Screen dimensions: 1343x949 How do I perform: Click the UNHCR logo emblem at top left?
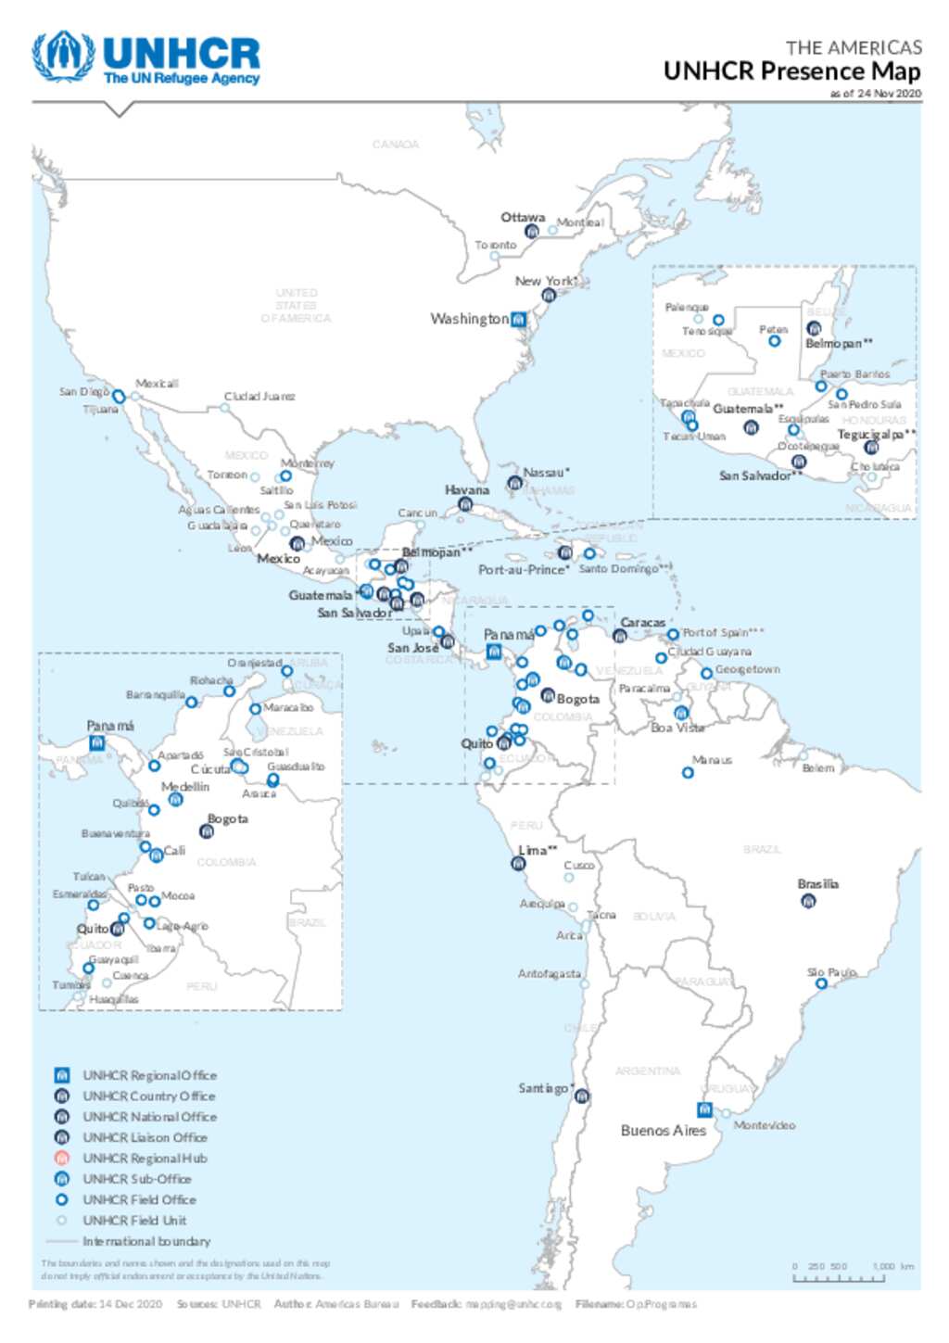tap(63, 57)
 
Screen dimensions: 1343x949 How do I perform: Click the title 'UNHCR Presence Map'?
tap(791, 71)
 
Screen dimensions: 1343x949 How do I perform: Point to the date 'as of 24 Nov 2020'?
tap(875, 94)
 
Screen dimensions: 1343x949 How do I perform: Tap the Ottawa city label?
tap(523, 218)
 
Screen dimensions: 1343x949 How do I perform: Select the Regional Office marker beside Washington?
tap(519, 320)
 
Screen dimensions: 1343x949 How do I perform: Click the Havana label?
tap(466, 489)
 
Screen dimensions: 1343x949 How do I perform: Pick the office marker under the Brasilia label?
tap(808, 901)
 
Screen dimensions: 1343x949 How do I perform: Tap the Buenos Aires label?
tap(663, 1131)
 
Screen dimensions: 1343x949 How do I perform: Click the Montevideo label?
tap(764, 1125)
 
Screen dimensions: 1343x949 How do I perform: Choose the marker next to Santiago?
tap(582, 1096)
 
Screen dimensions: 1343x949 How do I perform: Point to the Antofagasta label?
tap(549, 974)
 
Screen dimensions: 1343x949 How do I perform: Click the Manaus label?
tap(712, 760)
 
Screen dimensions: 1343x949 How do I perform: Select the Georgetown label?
tap(747, 669)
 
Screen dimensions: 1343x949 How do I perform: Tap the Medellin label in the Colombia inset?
tap(185, 787)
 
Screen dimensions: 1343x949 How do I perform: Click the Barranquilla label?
tap(156, 694)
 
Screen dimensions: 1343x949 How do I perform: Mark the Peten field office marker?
tap(774, 341)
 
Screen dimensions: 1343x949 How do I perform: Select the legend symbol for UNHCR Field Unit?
tap(62, 1221)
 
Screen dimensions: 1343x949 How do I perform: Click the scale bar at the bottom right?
tap(839, 1278)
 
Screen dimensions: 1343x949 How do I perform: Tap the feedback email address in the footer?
tap(513, 1304)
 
